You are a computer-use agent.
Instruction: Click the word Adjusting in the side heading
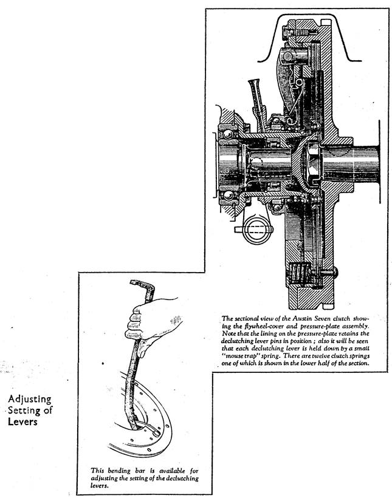[x=30, y=399]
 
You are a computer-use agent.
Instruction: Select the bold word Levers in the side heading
[x=22, y=421]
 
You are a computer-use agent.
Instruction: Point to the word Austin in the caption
[x=302, y=319]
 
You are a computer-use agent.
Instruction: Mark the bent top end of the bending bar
[x=143, y=285]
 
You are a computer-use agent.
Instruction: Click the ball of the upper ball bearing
[x=228, y=134]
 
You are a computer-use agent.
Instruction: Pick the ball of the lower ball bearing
[x=228, y=195]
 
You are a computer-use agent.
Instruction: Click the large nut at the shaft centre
[x=312, y=164]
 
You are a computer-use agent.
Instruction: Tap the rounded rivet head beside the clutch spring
[x=333, y=272]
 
